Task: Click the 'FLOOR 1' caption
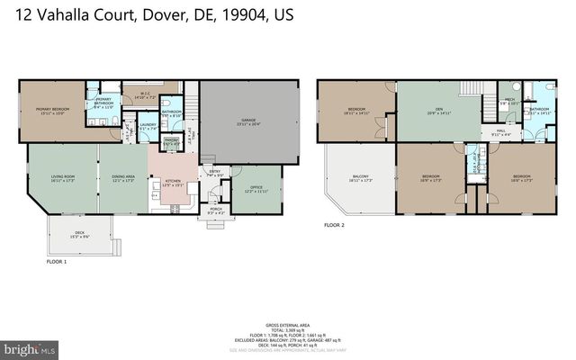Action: point(56,262)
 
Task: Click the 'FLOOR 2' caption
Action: point(336,226)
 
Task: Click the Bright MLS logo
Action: point(30,346)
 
